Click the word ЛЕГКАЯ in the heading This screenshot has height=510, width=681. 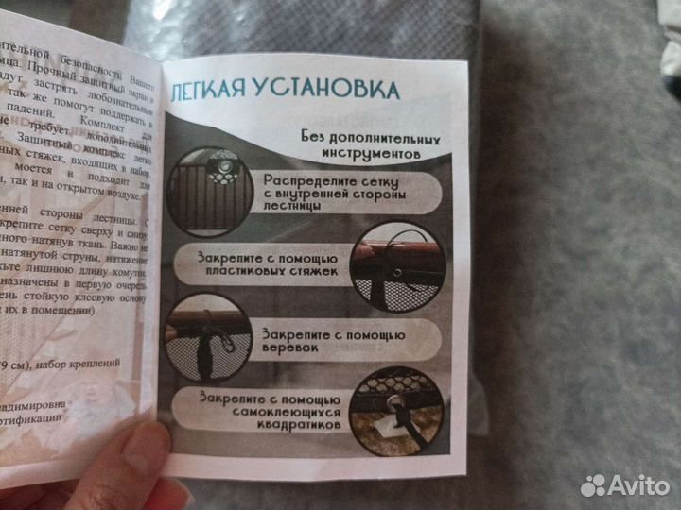[210, 92]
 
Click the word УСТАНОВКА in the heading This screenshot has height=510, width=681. [322, 91]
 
